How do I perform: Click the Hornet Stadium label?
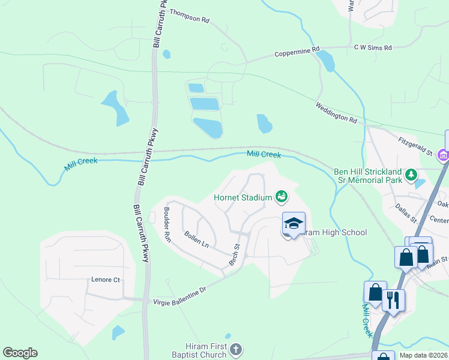[x=243, y=197]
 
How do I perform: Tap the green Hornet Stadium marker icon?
[x=281, y=196]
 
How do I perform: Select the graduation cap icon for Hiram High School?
[x=294, y=224]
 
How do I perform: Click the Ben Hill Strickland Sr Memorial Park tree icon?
[x=411, y=175]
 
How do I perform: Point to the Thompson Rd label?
[x=189, y=16]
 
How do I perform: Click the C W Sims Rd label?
[x=373, y=47]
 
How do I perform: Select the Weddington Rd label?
[x=337, y=112]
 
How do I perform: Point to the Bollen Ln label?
[x=196, y=239]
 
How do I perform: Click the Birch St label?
[x=234, y=255]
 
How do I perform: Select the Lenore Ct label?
[x=106, y=280]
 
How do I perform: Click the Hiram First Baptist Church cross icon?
[x=237, y=349]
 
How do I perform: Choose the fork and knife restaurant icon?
[x=393, y=299]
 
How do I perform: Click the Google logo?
[x=20, y=353]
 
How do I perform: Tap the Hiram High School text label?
[x=333, y=233]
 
